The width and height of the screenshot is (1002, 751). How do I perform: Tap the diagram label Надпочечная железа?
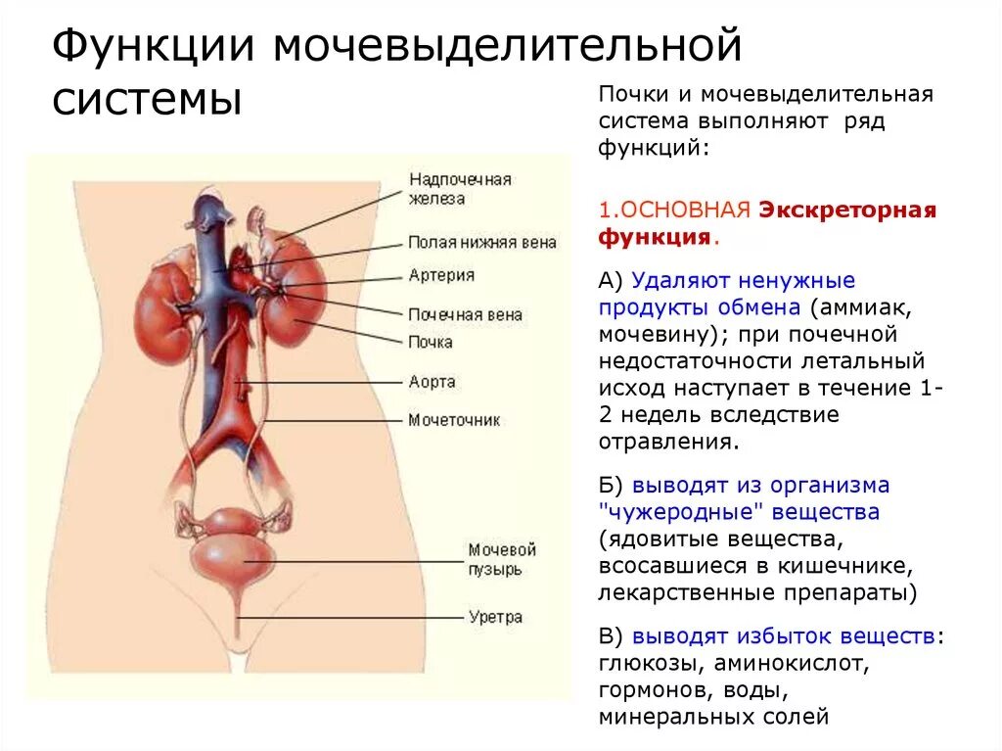pos(460,189)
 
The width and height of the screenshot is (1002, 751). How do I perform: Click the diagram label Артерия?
pos(441,275)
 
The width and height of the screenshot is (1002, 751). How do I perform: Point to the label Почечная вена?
pos(465,315)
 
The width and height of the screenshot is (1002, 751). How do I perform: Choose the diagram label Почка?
pos(431,342)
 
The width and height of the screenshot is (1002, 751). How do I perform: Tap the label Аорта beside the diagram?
pos(433,382)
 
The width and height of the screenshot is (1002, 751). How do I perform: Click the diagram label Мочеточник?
pos(454,420)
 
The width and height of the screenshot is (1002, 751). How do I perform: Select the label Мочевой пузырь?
pos(502,559)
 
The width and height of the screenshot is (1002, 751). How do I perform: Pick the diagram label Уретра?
pos(495,617)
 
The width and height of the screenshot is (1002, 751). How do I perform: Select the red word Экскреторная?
pos(847,210)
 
